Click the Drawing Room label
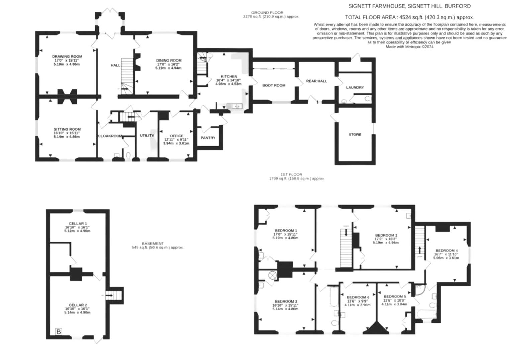tap(67, 56)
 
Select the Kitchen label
tap(229, 76)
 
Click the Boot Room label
tap(274, 85)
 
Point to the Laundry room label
tap(355, 87)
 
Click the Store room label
tap(355, 134)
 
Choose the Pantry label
tap(208, 138)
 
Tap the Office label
tap(177, 136)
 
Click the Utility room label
tap(147, 135)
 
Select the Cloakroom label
tap(110, 136)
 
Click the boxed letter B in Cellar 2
tap(59, 332)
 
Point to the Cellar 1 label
tap(78, 223)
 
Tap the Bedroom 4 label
tap(446, 250)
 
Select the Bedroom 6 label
tap(358, 297)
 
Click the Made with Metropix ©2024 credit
tap(410, 47)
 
